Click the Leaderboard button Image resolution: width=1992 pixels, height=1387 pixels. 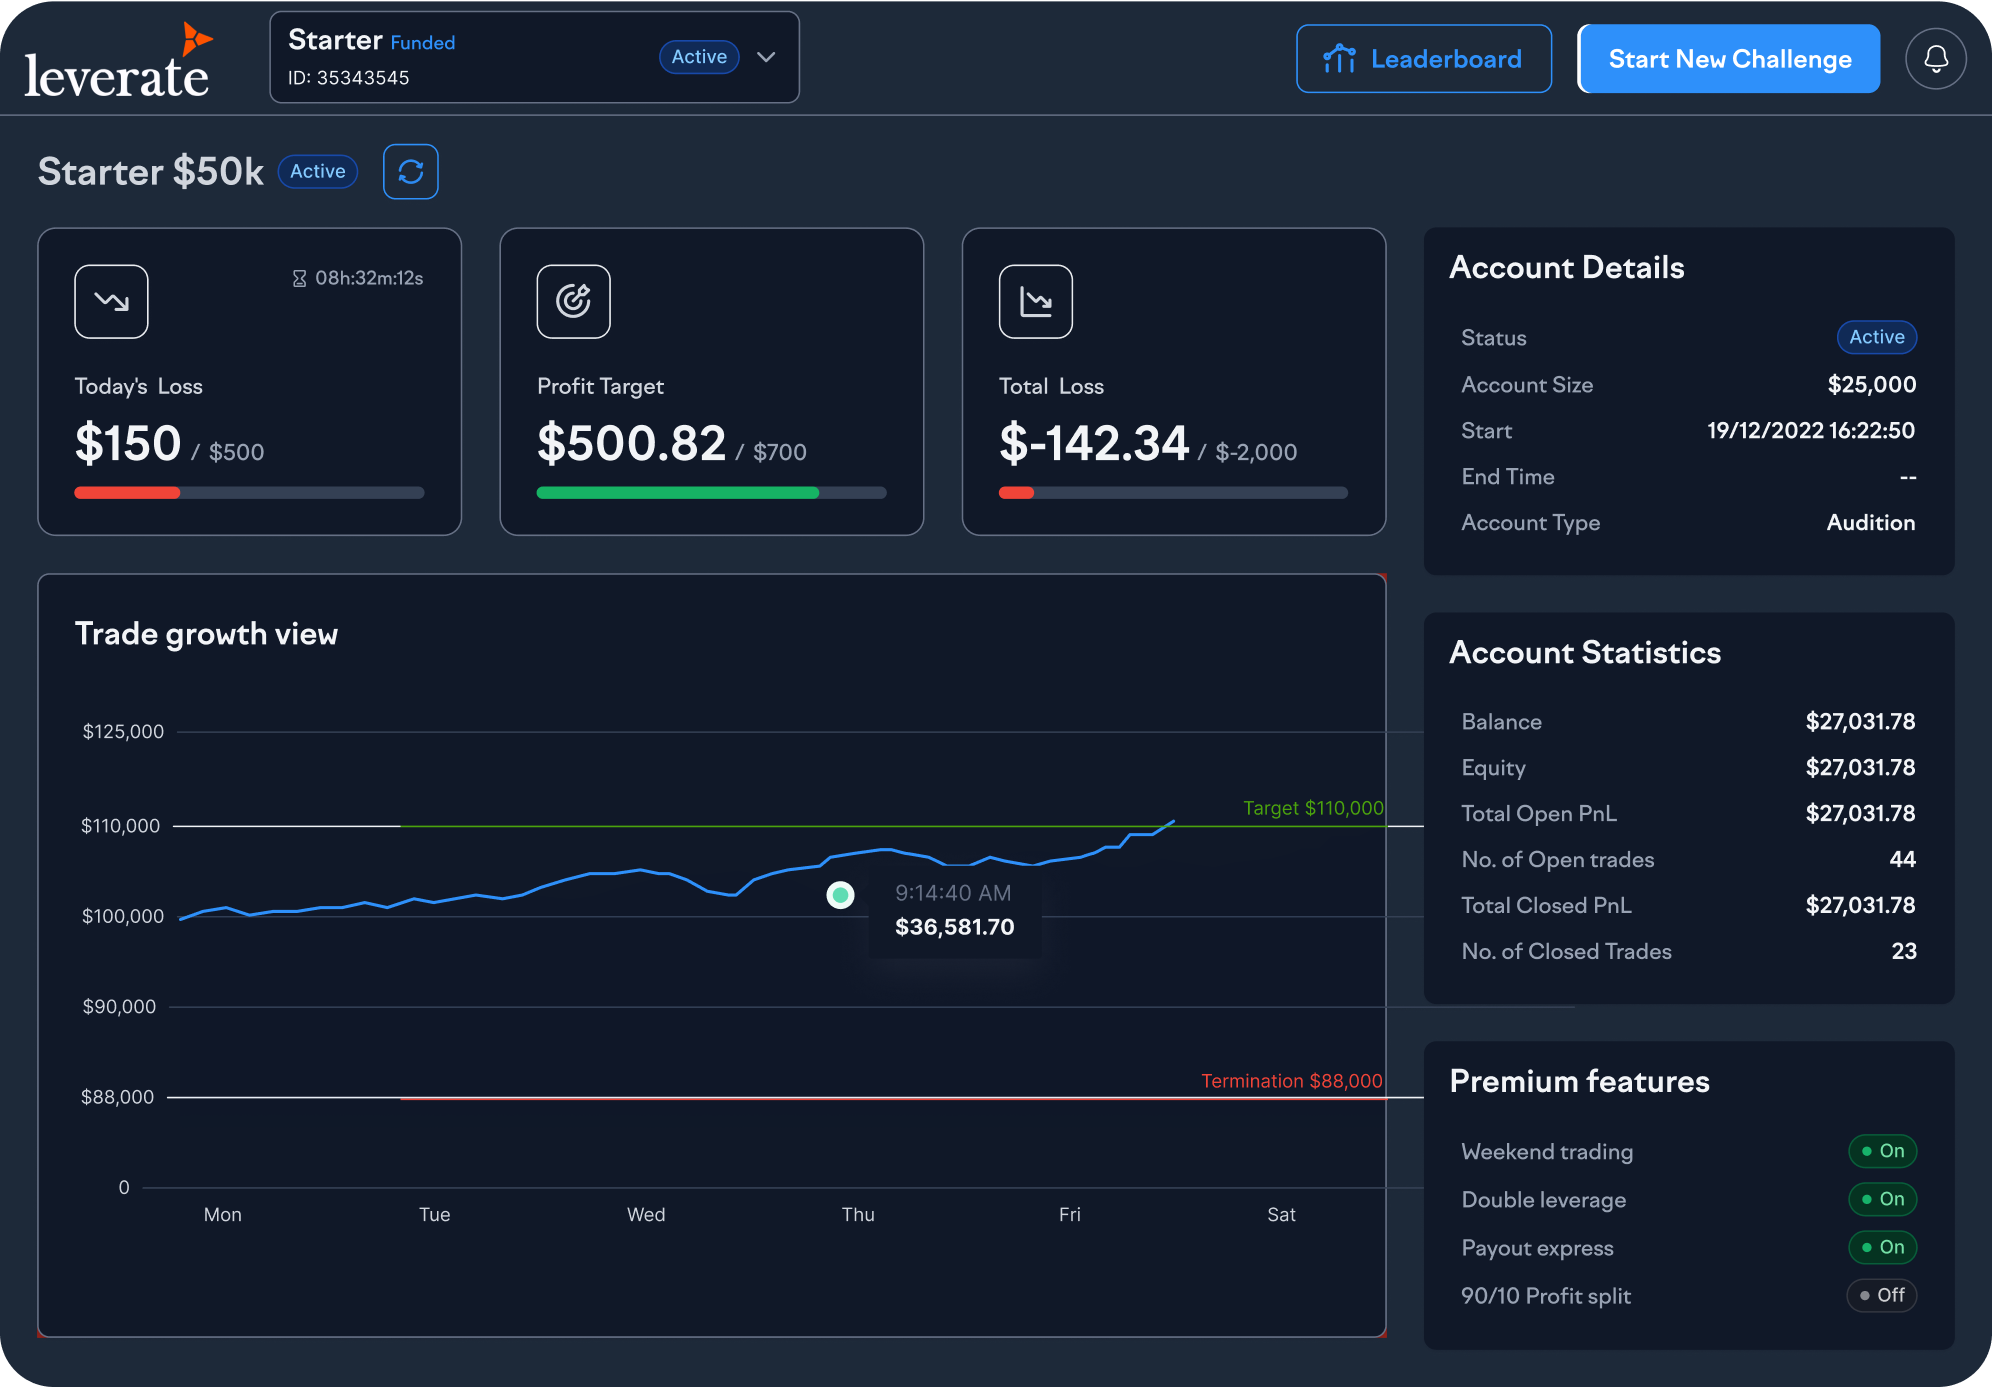click(x=1423, y=59)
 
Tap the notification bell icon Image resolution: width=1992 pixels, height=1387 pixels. click(x=1935, y=59)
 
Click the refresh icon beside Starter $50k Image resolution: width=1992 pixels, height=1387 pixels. click(x=410, y=172)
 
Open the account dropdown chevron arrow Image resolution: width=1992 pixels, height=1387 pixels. click(x=766, y=57)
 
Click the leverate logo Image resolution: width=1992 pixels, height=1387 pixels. click(x=118, y=64)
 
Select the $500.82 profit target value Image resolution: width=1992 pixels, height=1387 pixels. click(x=631, y=443)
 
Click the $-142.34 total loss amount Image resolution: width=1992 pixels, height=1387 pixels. click(x=1093, y=443)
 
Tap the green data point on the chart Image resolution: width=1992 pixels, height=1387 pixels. click(x=840, y=894)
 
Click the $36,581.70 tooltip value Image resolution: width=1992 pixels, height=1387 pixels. click(x=954, y=927)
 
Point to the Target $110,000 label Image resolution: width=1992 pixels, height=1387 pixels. click(x=1312, y=808)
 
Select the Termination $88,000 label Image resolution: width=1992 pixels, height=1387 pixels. click(x=1291, y=1081)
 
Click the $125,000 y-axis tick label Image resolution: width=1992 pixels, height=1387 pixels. click(x=123, y=732)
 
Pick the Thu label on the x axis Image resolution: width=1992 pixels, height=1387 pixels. click(x=858, y=1215)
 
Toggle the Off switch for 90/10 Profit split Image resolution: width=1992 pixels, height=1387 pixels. click(x=1881, y=1296)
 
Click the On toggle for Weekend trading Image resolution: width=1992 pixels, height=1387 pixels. click(x=1882, y=1151)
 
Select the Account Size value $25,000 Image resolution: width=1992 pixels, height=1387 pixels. click(x=1871, y=385)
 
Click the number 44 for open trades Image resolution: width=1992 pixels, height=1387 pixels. click(x=1902, y=860)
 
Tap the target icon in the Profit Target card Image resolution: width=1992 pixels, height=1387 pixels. click(x=573, y=301)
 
